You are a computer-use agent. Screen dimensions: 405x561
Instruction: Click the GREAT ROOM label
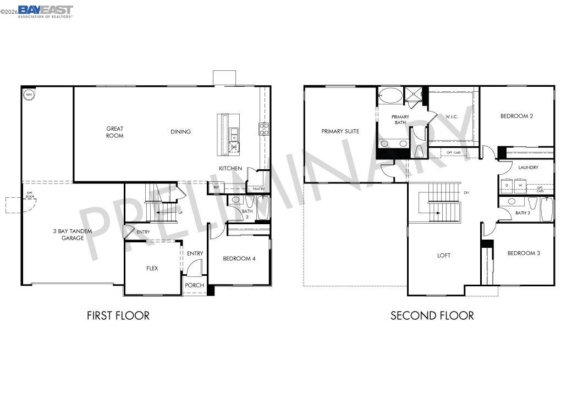point(115,132)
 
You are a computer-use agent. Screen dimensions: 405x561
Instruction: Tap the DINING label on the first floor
point(180,132)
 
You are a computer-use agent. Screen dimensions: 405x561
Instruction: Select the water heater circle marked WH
point(28,95)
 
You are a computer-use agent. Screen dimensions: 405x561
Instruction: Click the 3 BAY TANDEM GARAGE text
point(72,235)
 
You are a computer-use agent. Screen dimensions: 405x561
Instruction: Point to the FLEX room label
point(152,269)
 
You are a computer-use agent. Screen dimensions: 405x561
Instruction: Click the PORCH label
point(194,286)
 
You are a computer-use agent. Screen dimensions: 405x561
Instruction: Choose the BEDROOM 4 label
point(239,259)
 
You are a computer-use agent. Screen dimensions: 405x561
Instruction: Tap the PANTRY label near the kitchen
point(258,189)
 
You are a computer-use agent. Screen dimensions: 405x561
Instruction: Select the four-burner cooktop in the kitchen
point(264,129)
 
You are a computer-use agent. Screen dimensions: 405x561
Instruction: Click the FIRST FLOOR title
point(118,316)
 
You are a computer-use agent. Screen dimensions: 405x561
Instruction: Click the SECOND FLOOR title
point(432,316)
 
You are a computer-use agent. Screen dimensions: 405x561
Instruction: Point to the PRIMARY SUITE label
point(340,131)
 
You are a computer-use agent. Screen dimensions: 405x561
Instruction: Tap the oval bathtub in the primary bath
point(391,95)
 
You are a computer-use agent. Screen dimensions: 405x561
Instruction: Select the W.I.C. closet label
point(451,116)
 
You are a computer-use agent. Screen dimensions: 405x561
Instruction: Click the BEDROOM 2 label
point(516,116)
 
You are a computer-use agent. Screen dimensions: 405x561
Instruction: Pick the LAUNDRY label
point(528,168)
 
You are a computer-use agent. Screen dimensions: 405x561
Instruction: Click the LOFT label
point(444,256)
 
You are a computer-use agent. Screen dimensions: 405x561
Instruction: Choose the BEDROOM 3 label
point(523,253)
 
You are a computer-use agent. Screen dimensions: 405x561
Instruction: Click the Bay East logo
point(45,11)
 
